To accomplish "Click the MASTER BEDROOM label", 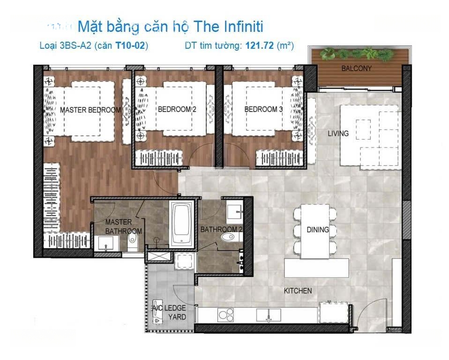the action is point(90,110).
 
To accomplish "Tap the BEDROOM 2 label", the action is point(177,109).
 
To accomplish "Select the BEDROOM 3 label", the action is point(263,109).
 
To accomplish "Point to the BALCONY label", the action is point(357,68).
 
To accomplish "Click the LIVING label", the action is point(338,134).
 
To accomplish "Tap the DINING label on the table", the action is point(318,230).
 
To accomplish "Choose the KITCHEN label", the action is point(298,291).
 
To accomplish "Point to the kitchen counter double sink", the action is point(269,315).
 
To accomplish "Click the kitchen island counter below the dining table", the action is point(317,268).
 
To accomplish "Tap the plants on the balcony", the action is point(357,54).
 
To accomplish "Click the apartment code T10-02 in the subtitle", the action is point(130,45).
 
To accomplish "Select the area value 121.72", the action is point(260,45).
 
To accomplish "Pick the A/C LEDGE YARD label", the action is point(169,313).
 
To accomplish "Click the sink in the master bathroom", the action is point(106,243).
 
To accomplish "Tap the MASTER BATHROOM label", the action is point(123,226).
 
